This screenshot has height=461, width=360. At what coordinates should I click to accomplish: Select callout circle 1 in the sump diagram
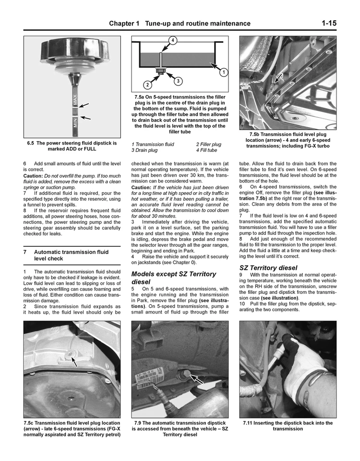tap(223, 73)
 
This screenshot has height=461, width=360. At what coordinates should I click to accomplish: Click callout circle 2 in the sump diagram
tap(148, 85)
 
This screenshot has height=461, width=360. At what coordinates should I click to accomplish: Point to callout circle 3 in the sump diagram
tap(178, 81)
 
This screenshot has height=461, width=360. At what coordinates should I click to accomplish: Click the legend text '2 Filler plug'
tap(208, 144)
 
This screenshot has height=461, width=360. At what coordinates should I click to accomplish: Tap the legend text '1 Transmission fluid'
tap(153, 144)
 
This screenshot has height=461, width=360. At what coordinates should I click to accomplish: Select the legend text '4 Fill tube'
tap(206, 150)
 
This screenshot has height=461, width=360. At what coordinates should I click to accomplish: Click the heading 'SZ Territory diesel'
tap(268, 267)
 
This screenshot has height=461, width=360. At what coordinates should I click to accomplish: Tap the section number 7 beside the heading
tap(25, 252)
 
